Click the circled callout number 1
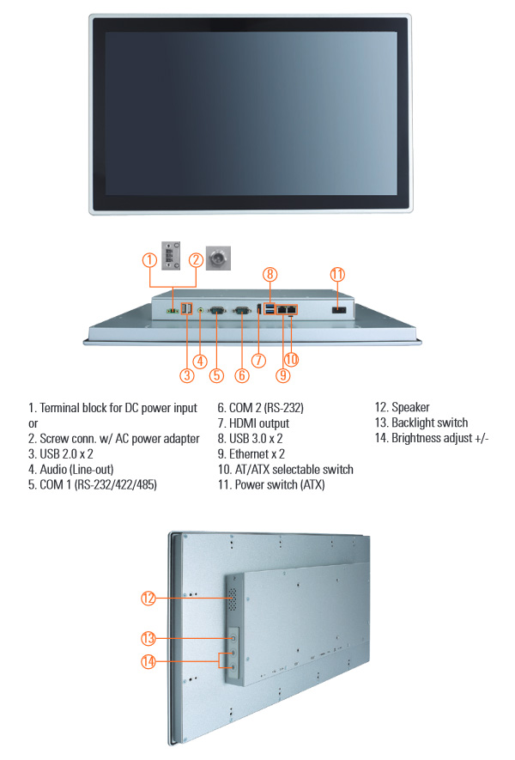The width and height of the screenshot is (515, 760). (149, 260)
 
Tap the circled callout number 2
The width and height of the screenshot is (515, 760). (196, 260)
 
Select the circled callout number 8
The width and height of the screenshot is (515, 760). (270, 274)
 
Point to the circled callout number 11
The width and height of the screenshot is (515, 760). (337, 274)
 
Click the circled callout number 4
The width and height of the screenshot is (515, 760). (200, 361)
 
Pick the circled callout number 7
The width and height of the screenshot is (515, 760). (258, 360)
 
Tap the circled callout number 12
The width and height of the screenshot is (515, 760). (148, 598)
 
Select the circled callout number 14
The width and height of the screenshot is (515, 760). (148, 661)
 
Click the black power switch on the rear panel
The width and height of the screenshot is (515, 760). (339, 310)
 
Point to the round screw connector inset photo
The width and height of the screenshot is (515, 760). (219, 258)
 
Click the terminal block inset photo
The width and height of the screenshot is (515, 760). (171, 255)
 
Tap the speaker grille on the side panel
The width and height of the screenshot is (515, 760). (233, 599)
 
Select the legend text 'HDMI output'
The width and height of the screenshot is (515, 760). (259, 423)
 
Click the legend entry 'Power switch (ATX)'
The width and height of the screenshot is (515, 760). (280, 484)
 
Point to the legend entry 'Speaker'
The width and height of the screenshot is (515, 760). (410, 407)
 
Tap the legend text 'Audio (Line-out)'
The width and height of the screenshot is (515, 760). (76, 469)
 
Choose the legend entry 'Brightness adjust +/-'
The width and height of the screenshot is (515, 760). (440, 438)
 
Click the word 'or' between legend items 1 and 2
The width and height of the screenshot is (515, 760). (33, 424)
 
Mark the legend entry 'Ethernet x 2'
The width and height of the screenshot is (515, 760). (257, 454)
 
